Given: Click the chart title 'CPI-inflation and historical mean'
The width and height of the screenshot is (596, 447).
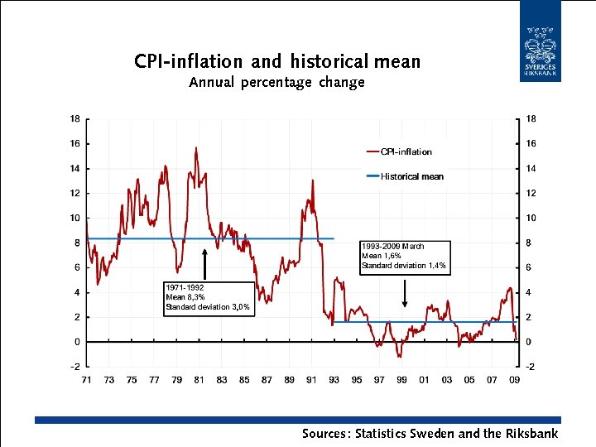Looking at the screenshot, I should (277, 62).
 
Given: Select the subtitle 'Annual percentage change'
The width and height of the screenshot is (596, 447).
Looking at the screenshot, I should (276, 83).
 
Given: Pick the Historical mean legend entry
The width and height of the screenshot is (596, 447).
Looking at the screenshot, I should (405, 176).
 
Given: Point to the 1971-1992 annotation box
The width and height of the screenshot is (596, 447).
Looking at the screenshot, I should (208, 298).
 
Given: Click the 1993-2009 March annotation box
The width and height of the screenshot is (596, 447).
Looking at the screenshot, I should (404, 257).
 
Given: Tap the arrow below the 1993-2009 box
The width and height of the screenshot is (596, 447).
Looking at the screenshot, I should (404, 291).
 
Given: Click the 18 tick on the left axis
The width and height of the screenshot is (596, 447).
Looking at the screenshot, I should (74, 118).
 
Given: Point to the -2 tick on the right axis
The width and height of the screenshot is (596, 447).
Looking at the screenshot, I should (527, 366).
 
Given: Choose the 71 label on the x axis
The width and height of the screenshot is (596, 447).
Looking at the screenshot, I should (86, 380).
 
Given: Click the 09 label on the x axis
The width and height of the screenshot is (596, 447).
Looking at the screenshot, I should (515, 380).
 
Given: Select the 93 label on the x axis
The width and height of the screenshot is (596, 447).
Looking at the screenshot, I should (334, 380).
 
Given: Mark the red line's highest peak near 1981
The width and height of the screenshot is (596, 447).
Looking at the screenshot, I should (196, 148).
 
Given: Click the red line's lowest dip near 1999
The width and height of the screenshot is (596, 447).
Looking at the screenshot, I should (400, 356).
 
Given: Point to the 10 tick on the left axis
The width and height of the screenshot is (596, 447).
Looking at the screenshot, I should (74, 218).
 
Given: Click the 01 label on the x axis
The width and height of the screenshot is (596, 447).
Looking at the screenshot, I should (424, 380).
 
